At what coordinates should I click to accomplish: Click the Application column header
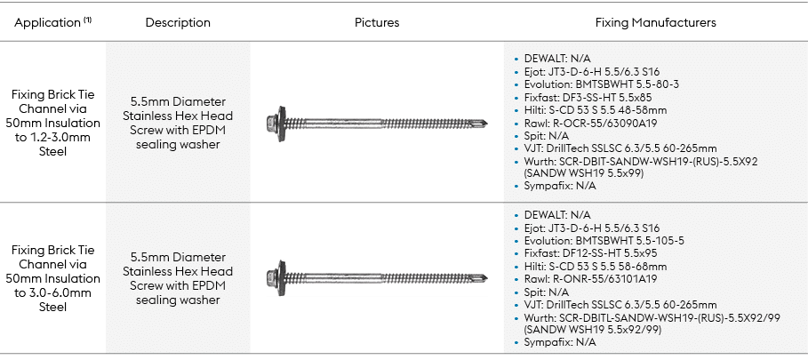(x=52, y=21)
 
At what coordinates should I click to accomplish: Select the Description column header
(x=178, y=21)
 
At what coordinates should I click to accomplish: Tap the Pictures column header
(x=377, y=21)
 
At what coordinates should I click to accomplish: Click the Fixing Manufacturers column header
(x=656, y=21)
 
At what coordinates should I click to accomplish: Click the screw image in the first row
(x=377, y=117)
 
